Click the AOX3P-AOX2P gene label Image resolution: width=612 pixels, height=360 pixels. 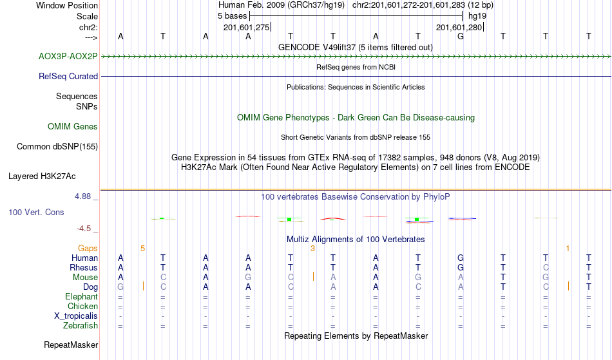[x=68, y=57]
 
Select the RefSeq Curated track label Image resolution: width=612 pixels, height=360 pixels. [x=68, y=77]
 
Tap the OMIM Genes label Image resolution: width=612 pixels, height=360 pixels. [x=73, y=127]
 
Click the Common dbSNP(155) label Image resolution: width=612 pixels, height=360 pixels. [x=57, y=147]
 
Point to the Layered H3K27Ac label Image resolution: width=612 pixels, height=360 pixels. [x=42, y=176]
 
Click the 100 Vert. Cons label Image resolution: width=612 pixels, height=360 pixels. [x=36, y=212]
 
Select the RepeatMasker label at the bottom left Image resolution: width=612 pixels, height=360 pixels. [x=71, y=345]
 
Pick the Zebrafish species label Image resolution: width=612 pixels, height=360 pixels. [x=81, y=325]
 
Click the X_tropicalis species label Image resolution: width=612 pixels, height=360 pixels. [x=76, y=316]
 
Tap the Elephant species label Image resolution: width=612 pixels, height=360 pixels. [x=81, y=296]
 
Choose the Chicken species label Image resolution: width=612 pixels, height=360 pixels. [x=82, y=306]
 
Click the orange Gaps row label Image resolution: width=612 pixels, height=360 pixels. [x=88, y=249]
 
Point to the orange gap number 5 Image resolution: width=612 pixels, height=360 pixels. [x=143, y=249]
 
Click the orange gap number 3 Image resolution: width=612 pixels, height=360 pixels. [x=312, y=249]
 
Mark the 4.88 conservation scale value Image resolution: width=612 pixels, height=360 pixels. [x=82, y=196]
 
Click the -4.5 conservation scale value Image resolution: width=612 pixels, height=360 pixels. [x=84, y=229]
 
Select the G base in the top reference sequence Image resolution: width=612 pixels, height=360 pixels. [x=461, y=37]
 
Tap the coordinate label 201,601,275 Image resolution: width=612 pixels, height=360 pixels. [x=246, y=27]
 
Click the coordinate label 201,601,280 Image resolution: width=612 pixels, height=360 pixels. [x=459, y=27]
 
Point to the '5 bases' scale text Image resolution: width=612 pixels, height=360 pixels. [x=232, y=16]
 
